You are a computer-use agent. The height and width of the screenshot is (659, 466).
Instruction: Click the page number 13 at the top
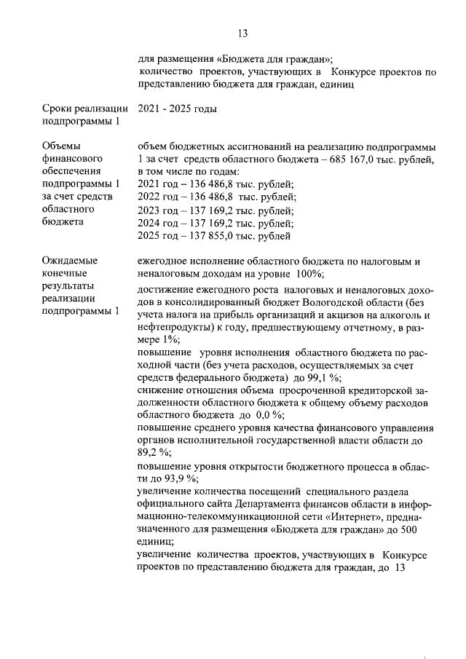(243, 33)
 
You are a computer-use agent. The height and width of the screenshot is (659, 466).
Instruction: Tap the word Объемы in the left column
(63, 145)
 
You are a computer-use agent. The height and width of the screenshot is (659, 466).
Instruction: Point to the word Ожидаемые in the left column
(70, 260)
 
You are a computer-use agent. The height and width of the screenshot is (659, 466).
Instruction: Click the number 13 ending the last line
(398, 568)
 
